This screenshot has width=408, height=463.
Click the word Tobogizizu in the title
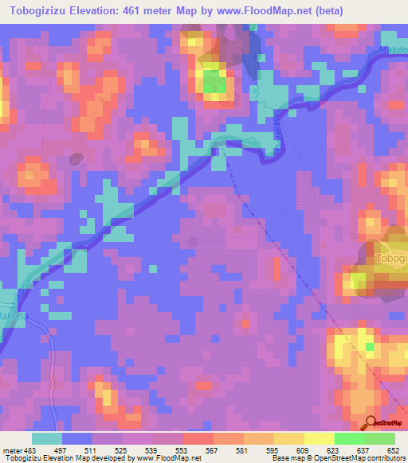pos(39,11)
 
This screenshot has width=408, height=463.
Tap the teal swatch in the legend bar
pos(47,439)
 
